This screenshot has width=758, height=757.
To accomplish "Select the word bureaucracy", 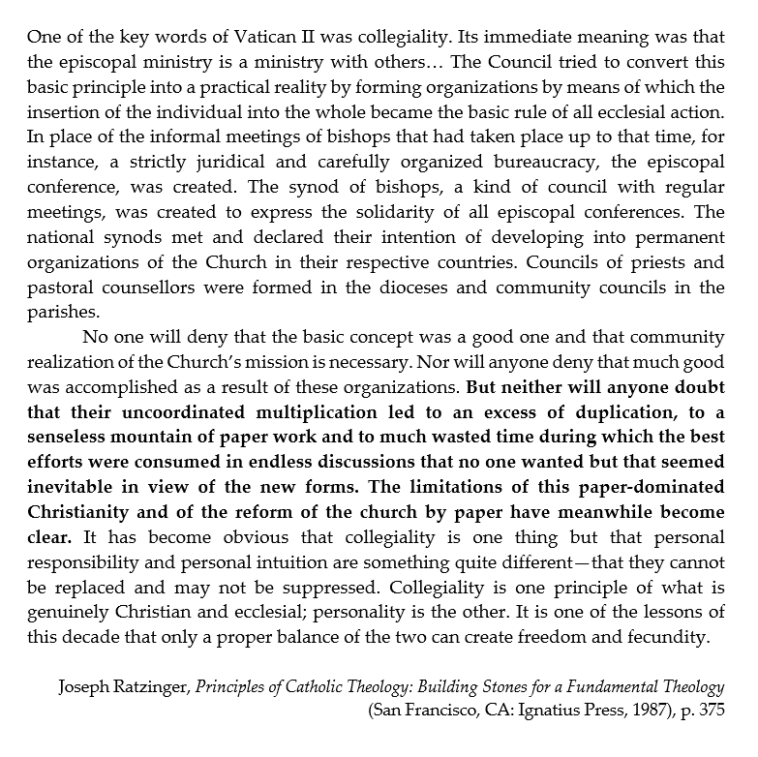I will pos(505,183).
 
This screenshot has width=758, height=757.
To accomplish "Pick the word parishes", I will pos(62,312).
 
